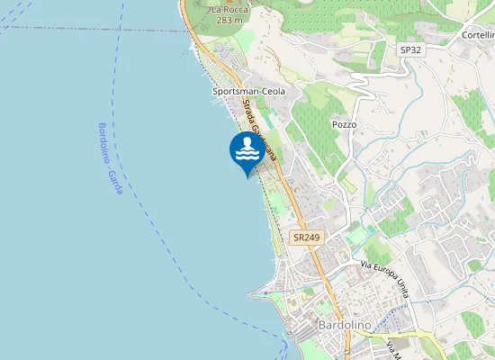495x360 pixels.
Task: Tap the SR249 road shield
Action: coord(306,238)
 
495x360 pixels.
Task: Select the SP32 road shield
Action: coord(410,49)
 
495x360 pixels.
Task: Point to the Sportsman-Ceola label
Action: coord(248,92)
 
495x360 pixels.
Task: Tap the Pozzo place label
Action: coord(344,124)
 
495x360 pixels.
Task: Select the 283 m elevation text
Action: coord(229,20)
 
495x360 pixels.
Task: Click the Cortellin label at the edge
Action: coord(478,34)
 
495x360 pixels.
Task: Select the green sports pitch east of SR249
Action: coord(359,237)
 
